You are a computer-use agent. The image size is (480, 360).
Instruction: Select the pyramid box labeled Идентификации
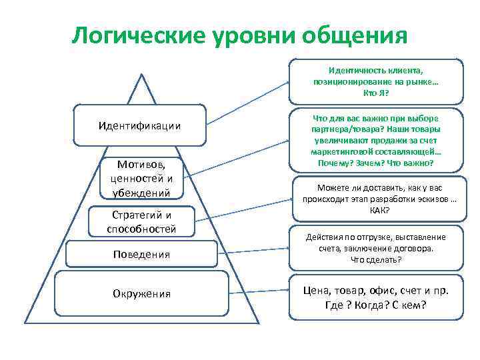[139, 125]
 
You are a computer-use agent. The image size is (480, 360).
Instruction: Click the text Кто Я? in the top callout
[375, 92]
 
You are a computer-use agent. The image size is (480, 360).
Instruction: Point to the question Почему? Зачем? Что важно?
[375, 162]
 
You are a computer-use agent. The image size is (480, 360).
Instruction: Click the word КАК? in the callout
[375, 210]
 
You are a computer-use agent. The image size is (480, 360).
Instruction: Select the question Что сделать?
[375, 259]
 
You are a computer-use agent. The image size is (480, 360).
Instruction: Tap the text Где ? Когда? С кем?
[375, 305]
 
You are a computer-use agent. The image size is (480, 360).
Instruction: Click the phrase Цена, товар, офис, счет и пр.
[375, 291]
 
